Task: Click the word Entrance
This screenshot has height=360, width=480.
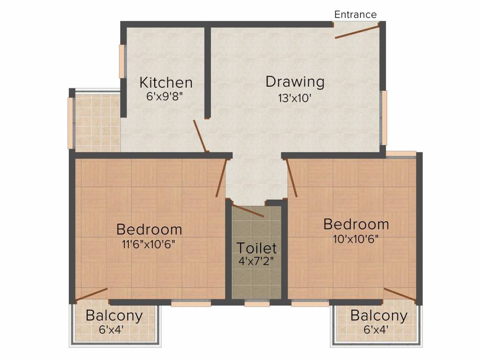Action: pos(355,15)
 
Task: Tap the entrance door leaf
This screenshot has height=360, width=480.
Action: pos(357,32)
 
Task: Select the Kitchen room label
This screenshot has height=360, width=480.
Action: pos(166,82)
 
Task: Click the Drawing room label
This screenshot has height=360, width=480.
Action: pos(295,82)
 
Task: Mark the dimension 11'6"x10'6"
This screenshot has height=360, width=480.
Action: pos(149,244)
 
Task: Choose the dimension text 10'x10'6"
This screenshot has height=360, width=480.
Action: pos(356,239)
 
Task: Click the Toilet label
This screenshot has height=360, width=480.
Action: pos(256,247)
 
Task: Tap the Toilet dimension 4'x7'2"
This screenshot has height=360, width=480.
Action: pos(256,261)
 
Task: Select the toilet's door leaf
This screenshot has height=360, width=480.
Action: pos(248,210)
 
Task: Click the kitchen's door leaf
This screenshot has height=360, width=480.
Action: pos(200,136)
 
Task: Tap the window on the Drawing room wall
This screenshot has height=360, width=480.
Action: pos(384,118)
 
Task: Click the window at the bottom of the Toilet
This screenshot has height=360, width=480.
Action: pos(257,304)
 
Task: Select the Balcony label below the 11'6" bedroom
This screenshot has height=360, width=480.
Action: pos(114,315)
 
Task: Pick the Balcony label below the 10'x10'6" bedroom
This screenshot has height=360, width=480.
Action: pos(379,315)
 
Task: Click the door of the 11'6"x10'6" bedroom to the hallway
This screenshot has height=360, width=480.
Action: pos(221,178)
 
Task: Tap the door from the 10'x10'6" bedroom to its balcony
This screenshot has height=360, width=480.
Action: pos(399,294)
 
